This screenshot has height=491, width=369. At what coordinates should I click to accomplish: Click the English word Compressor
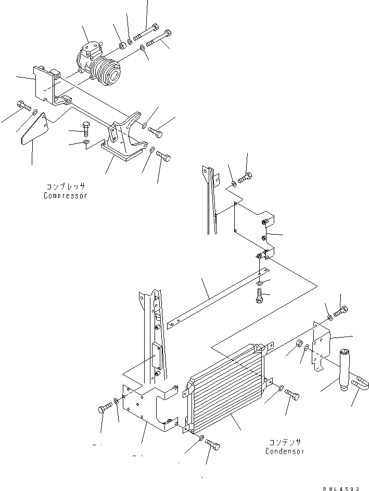coord(66,196)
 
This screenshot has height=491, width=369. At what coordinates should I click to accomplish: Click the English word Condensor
coord(284,451)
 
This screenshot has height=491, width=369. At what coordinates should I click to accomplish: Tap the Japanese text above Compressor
coord(66,186)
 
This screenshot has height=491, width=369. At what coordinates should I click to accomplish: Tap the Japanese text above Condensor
coord(284,442)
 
